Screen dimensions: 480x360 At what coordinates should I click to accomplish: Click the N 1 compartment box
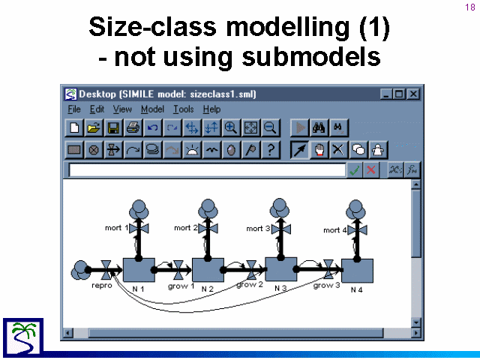point(139,270)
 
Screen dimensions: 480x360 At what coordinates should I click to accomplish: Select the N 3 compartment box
point(281,269)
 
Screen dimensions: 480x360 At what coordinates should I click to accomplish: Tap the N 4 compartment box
point(357,271)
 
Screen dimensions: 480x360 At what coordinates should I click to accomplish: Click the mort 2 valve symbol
point(208,228)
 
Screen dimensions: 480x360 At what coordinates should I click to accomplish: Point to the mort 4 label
point(335,230)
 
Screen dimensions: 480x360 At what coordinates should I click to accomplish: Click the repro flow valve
point(106,270)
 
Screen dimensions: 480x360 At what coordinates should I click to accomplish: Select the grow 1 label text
point(181,286)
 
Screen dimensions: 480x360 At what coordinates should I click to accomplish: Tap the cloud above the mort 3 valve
point(280,208)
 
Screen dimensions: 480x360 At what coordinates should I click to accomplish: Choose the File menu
point(74,109)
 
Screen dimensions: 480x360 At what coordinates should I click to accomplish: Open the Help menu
point(211,109)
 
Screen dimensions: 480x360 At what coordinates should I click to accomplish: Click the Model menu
point(152,109)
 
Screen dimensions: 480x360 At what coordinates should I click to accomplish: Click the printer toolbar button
point(133,127)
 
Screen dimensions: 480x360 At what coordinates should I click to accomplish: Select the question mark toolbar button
point(271,150)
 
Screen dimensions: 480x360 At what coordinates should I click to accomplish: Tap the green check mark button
point(354,170)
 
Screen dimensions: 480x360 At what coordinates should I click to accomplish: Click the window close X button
point(413,94)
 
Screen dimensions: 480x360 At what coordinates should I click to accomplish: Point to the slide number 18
point(470,7)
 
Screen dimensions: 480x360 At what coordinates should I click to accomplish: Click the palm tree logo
point(23,337)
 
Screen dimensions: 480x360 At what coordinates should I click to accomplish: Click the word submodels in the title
point(311,57)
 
